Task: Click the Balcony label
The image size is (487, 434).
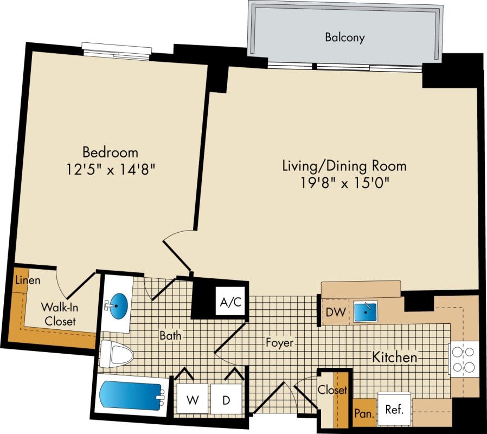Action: tap(344, 37)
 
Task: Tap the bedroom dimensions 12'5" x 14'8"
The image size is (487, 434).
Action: tap(110, 169)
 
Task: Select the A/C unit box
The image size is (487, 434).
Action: tap(230, 302)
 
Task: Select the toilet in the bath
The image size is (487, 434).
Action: tap(118, 355)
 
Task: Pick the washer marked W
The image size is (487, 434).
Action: tap(192, 401)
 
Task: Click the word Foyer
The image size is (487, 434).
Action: tap(279, 343)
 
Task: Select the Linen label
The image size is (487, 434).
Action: tap(25, 281)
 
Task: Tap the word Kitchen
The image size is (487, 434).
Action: tap(394, 358)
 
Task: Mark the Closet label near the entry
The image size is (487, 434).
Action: tap(332, 390)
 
